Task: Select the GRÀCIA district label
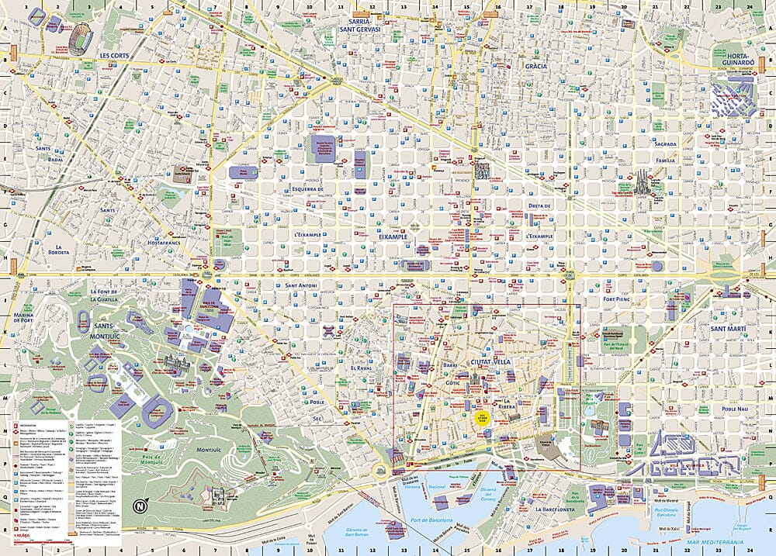535,66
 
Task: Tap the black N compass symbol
140,506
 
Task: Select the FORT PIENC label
619,299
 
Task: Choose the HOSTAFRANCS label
154,242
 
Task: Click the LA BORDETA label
57,247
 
